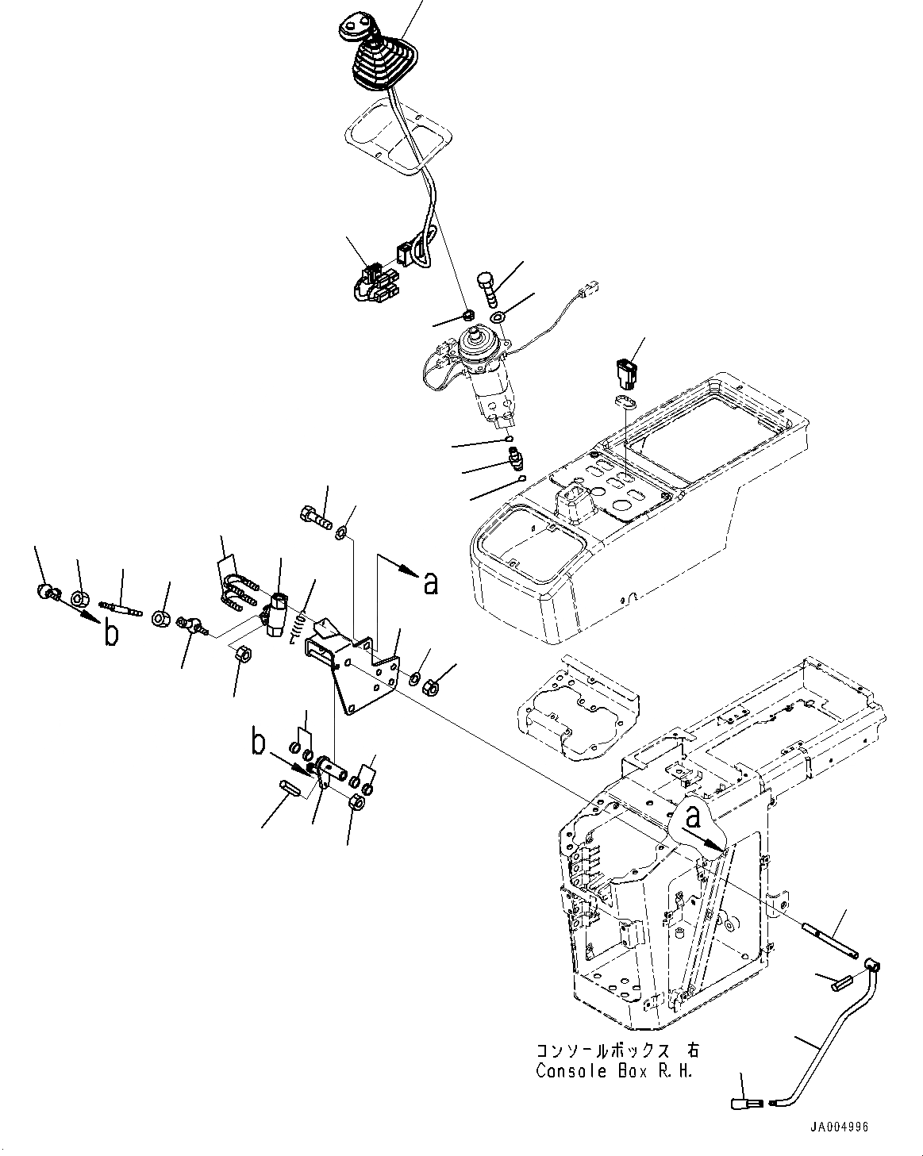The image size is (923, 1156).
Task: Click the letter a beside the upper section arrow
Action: [430, 583]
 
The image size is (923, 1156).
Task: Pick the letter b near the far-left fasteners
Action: [111, 635]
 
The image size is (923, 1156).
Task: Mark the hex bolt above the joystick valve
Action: [487, 288]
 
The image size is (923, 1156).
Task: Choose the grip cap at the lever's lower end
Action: [744, 1103]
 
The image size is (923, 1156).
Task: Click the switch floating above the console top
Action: [626, 371]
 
